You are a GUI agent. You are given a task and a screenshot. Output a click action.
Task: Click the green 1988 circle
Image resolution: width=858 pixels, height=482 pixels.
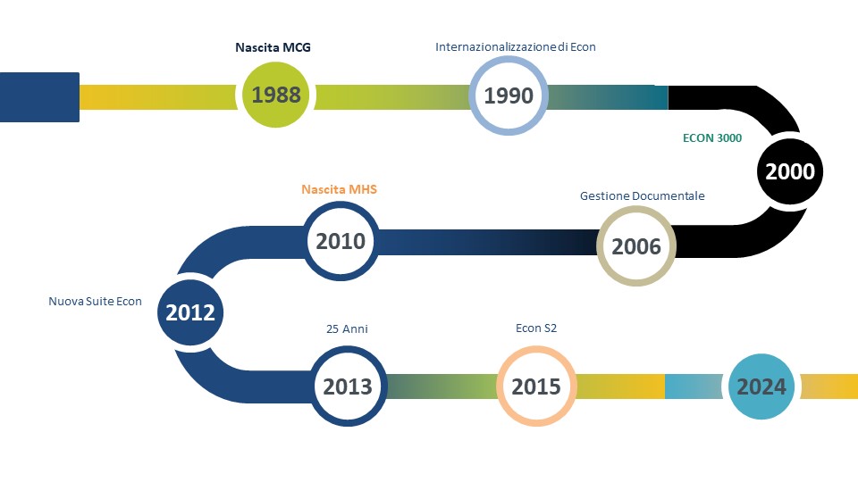(276, 95)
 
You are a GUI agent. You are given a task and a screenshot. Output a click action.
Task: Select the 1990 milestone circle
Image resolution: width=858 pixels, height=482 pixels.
(509, 96)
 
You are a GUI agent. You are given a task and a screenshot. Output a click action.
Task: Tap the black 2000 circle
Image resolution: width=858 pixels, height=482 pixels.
(789, 171)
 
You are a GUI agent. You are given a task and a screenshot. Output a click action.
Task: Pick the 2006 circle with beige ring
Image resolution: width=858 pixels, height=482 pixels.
(635, 246)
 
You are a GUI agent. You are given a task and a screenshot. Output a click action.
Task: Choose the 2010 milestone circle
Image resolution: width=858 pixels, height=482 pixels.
(341, 241)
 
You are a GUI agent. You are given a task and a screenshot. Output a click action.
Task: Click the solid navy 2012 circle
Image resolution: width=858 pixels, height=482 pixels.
(189, 312)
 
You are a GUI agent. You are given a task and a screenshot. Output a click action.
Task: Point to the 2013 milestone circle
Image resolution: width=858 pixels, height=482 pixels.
(348, 386)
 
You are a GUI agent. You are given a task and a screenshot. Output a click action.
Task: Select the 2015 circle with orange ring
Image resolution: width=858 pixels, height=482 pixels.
(536, 386)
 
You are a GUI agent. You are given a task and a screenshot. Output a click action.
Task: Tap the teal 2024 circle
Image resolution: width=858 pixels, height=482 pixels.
(761, 386)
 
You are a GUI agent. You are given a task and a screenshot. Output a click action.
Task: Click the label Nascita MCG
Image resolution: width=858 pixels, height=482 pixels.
(273, 47)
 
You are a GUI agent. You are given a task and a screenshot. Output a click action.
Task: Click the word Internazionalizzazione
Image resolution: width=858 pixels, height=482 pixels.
(496, 47)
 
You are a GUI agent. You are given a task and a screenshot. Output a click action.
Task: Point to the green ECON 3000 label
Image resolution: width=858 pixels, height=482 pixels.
(712, 137)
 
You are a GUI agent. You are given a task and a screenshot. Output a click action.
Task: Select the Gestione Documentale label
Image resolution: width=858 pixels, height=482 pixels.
(643, 195)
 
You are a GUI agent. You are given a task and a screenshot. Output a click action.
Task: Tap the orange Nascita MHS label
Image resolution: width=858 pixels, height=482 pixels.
(340, 189)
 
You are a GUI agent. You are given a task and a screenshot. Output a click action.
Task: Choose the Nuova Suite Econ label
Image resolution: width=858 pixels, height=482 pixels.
(96, 301)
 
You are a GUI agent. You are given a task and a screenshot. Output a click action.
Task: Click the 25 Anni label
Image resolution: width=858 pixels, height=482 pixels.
(347, 329)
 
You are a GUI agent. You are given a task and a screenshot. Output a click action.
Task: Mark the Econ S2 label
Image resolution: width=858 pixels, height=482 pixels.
(536, 328)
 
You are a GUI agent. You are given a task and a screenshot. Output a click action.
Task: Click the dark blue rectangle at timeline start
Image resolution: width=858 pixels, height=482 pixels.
(39, 97)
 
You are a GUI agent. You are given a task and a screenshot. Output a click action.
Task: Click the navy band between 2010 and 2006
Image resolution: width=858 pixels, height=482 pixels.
(488, 242)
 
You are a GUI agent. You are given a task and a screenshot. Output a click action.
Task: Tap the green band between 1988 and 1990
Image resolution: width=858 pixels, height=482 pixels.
(391, 97)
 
